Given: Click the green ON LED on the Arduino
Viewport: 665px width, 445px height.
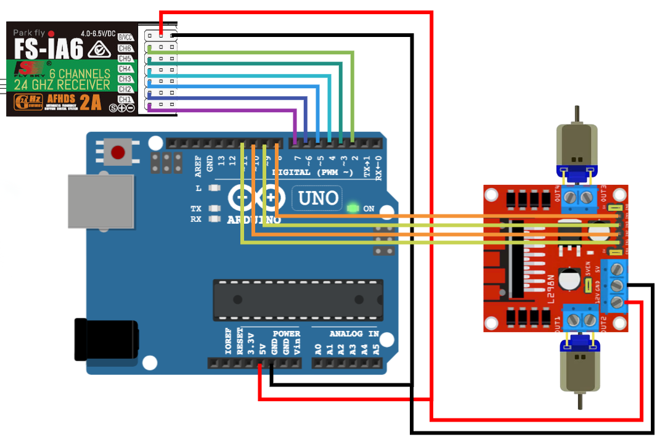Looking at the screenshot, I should tap(353, 208).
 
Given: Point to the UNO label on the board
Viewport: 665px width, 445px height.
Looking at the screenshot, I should tap(318, 198).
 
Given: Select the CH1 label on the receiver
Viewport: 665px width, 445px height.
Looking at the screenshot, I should tap(125, 99).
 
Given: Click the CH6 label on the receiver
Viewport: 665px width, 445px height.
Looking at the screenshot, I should tap(125, 48).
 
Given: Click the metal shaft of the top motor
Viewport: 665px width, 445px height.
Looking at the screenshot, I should tap(577, 114).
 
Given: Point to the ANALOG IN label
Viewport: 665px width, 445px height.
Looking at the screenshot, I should tap(354, 333).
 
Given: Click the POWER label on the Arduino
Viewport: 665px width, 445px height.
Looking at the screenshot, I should tap(286, 333).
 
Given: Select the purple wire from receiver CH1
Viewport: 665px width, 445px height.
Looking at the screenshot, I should tap(222, 110).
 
